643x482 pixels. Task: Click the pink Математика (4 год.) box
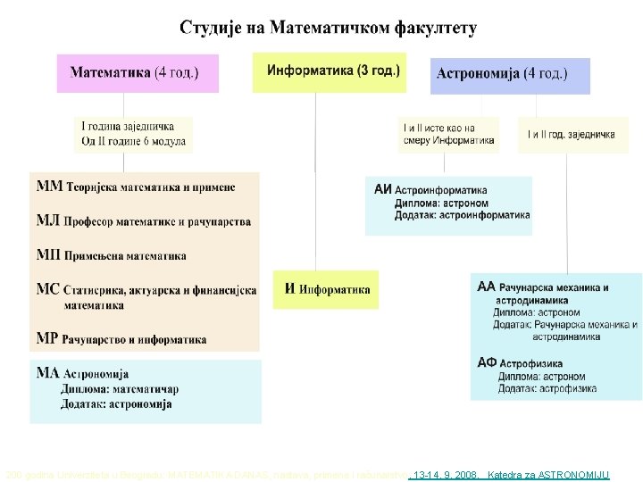(138, 73)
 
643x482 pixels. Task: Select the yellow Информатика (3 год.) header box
(329, 71)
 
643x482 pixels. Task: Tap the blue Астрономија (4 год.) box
(510, 76)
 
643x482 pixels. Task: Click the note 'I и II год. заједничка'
(572, 135)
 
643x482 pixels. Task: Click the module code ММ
(49, 187)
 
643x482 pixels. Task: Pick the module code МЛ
(48, 220)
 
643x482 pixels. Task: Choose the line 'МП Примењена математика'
(112, 255)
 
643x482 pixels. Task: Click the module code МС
(48, 289)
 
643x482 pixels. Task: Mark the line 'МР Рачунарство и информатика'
(121, 339)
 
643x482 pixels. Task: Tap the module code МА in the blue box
(48, 373)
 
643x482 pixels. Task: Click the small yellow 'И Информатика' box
(326, 289)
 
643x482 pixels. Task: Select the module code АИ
(382, 189)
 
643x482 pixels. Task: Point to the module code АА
(486, 287)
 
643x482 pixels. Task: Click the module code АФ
(487, 362)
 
